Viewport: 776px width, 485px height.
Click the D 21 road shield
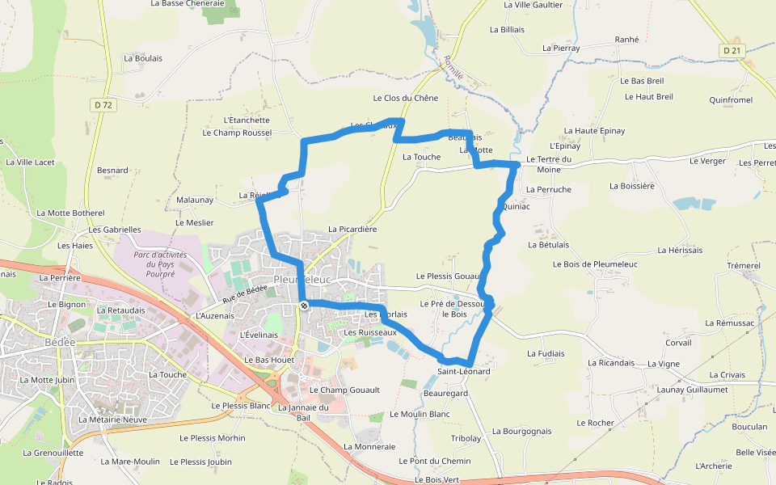pyautogui.click(x=732, y=50)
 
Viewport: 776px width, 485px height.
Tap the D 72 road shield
pyautogui.click(x=103, y=105)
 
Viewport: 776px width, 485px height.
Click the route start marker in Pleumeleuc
pyautogui.click(x=304, y=306)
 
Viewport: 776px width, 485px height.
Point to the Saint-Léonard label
pyautogui.click(x=464, y=371)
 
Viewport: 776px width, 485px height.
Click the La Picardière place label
pyautogui.click(x=352, y=230)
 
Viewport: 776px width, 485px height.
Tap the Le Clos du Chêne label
pyautogui.click(x=405, y=99)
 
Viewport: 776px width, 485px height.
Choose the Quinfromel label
pyautogui.click(x=730, y=100)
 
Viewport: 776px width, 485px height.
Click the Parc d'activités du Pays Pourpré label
pyautogui.click(x=161, y=264)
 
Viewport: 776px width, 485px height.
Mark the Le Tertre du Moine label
pyautogui.click(x=549, y=164)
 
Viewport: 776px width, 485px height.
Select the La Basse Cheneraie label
pyautogui.click(x=187, y=4)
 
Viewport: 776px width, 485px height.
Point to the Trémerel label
pyautogui.click(x=744, y=265)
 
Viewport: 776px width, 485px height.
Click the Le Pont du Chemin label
pyautogui.click(x=434, y=462)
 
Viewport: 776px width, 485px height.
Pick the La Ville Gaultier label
pyautogui.click(x=533, y=5)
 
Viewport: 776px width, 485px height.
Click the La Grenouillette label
pyautogui.click(x=53, y=453)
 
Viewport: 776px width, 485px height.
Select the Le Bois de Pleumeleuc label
pyautogui.click(x=595, y=264)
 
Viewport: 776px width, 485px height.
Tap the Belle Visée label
pyautogui.click(x=755, y=453)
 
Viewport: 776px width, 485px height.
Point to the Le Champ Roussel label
pyautogui.click(x=238, y=133)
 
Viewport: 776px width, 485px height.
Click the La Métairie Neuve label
pyautogui.click(x=112, y=420)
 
